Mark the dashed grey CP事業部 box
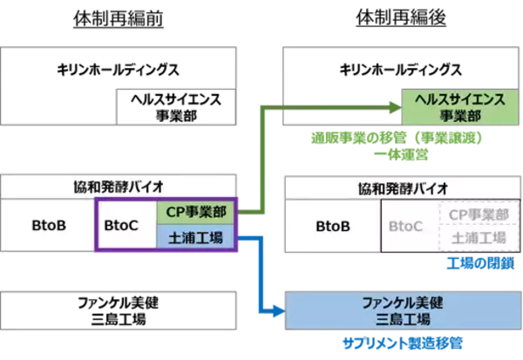[x=474, y=214]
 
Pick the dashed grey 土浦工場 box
[x=474, y=238]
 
